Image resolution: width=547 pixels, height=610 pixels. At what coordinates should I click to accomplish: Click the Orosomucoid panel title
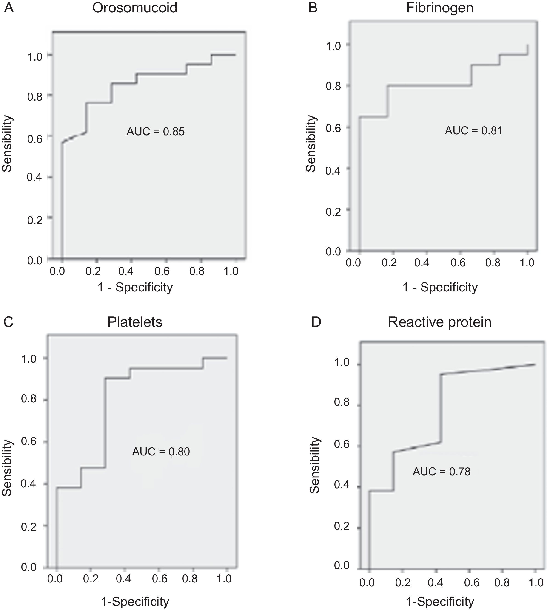tap(135, 8)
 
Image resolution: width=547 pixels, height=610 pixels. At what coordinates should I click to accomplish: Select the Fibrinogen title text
tap(440, 8)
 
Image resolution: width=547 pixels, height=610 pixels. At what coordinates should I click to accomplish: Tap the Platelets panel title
tap(135, 322)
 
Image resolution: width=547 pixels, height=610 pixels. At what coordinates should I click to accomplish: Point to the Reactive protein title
tap(439, 322)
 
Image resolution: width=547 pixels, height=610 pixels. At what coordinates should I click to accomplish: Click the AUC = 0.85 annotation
tap(155, 132)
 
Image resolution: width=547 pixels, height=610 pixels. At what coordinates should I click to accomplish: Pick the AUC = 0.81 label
tap(473, 131)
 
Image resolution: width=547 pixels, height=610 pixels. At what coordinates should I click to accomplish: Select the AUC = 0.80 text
tap(161, 452)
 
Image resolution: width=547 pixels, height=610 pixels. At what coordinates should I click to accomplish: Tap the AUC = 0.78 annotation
tap(441, 472)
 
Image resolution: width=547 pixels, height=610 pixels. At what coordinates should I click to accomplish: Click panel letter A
tap(9, 8)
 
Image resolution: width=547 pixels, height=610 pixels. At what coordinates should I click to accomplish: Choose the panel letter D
tap(316, 322)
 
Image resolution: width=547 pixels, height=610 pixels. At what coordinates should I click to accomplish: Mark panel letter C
tap(9, 322)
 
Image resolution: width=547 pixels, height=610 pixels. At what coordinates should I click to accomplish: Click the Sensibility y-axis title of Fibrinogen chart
tap(311, 144)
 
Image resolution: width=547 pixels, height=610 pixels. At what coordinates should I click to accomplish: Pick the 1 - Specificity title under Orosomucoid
tap(135, 287)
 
